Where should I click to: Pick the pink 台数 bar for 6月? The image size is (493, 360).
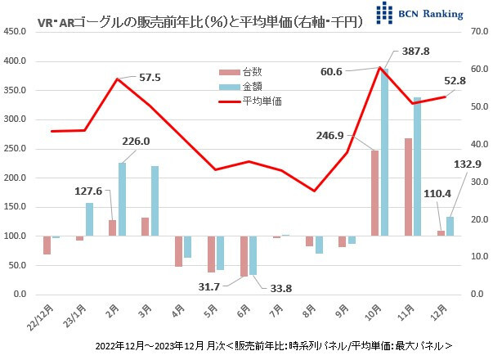pyautogui.click(x=244, y=256)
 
